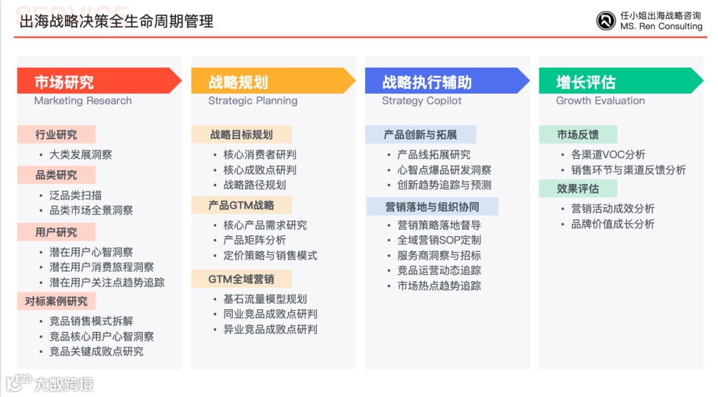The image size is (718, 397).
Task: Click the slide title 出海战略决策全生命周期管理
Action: tap(116, 21)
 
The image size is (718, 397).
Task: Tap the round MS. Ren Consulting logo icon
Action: tap(606, 21)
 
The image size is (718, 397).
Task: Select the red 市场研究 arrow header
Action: tap(99, 82)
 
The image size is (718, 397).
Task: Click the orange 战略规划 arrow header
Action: tap(273, 82)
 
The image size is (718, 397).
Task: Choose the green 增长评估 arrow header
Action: tap(620, 82)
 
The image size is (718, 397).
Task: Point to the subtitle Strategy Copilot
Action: tap(421, 101)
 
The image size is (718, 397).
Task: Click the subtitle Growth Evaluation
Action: tap(600, 101)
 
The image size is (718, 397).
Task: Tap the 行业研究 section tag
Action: tap(57, 135)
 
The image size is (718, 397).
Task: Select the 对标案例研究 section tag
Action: tap(57, 301)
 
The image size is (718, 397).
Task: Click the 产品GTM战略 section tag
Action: tap(241, 205)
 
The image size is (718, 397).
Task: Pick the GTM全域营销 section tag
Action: tap(241, 279)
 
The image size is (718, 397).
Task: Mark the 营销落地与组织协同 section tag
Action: tap(432, 207)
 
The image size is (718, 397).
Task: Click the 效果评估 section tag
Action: tap(578, 189)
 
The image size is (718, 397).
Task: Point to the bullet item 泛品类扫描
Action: tap(76, 196)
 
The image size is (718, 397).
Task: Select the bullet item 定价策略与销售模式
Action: tap(270, 255)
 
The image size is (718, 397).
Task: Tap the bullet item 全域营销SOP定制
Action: tap(439, 240)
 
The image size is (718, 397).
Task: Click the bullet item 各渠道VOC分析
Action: tap(608, 155)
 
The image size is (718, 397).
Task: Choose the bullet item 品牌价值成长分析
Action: tap(613, 224)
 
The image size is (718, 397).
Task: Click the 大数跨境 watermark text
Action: tap(64, 384)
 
